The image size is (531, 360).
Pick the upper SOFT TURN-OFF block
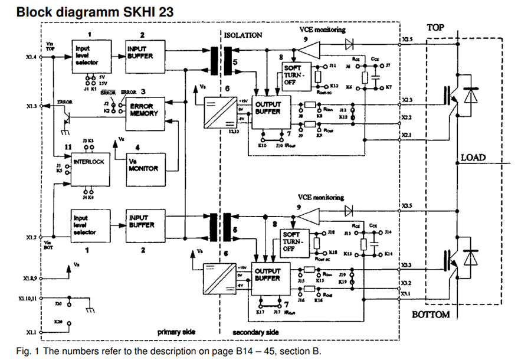pyautogui.click(x=297, y=76)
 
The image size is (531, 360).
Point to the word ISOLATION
pyautogui.click(x=242, y=35)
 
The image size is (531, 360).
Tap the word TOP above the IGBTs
pyautogui.click(x=437, y=27)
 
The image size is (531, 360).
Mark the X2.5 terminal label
pyautogui.click(x=407, y=40)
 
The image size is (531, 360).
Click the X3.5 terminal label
pyautogui.click(x=407, y=206)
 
